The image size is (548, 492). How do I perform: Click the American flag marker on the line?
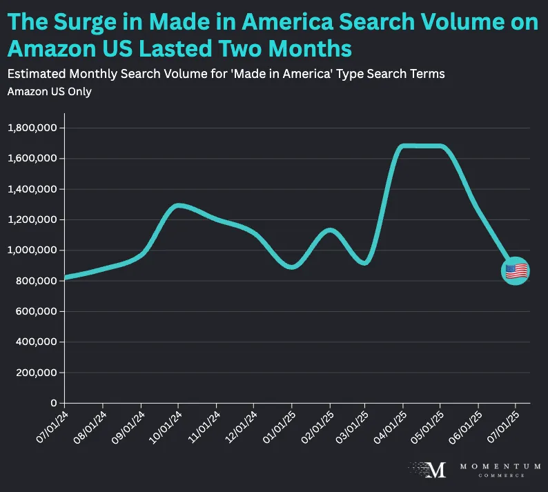click(516, 271)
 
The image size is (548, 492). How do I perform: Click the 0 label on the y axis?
click(53, 403)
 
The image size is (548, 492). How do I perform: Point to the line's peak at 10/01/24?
click(178, 205)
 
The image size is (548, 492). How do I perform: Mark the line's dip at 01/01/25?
click(292, 267)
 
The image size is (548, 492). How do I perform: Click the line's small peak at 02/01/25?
click(330, 230)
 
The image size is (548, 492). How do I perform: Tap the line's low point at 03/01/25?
click(366, 263)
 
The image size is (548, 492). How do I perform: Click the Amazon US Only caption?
click(49, 92)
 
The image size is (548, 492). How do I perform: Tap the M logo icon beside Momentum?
click(435, 470)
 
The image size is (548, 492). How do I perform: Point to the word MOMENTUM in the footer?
click(491, 467)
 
